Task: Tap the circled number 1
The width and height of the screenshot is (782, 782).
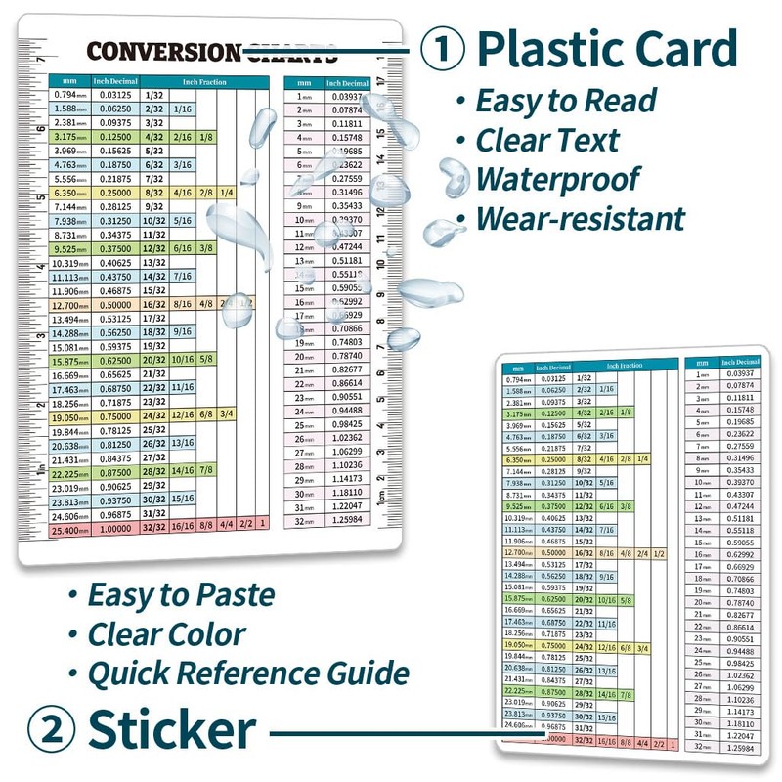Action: pos(444,50)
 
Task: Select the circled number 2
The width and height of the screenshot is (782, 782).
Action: pos(49,729)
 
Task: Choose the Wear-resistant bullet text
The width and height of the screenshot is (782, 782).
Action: pos(581,217)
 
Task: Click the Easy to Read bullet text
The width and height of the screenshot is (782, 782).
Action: pos(566,101)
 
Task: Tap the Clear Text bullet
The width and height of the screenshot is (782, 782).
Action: pos(547,140)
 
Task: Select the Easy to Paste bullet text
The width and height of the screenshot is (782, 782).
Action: pos(181,594)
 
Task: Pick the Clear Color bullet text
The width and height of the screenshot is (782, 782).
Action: pos(167,633)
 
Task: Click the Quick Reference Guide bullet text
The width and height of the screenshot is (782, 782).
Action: pos(248,673)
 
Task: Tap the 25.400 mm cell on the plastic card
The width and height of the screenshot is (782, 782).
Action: pos(70,528)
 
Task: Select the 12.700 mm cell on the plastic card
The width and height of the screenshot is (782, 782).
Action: pos(70,305)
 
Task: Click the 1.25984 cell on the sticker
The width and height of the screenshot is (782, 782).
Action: pos(740,748)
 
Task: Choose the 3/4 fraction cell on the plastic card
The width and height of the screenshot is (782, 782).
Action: pos(226,415)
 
